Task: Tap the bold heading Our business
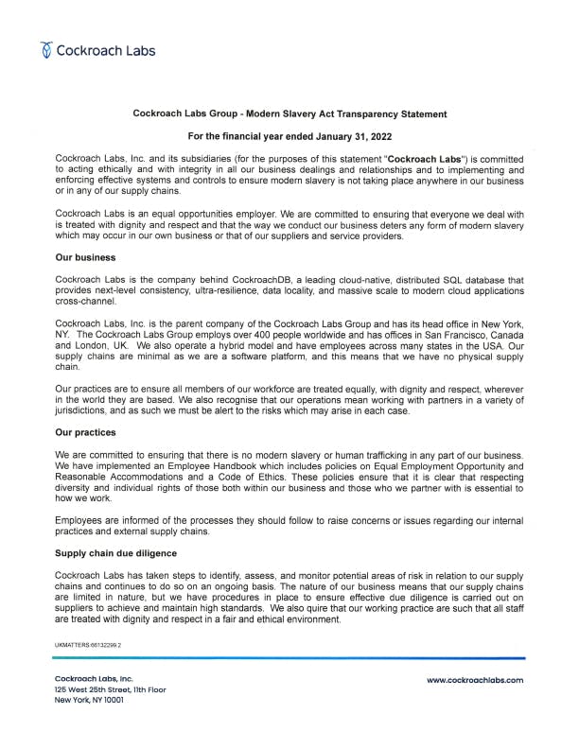coord(85,256)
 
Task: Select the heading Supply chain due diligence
coord(115,552)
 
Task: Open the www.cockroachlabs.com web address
coord(474,679)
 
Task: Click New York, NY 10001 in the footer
coord(90,700)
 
